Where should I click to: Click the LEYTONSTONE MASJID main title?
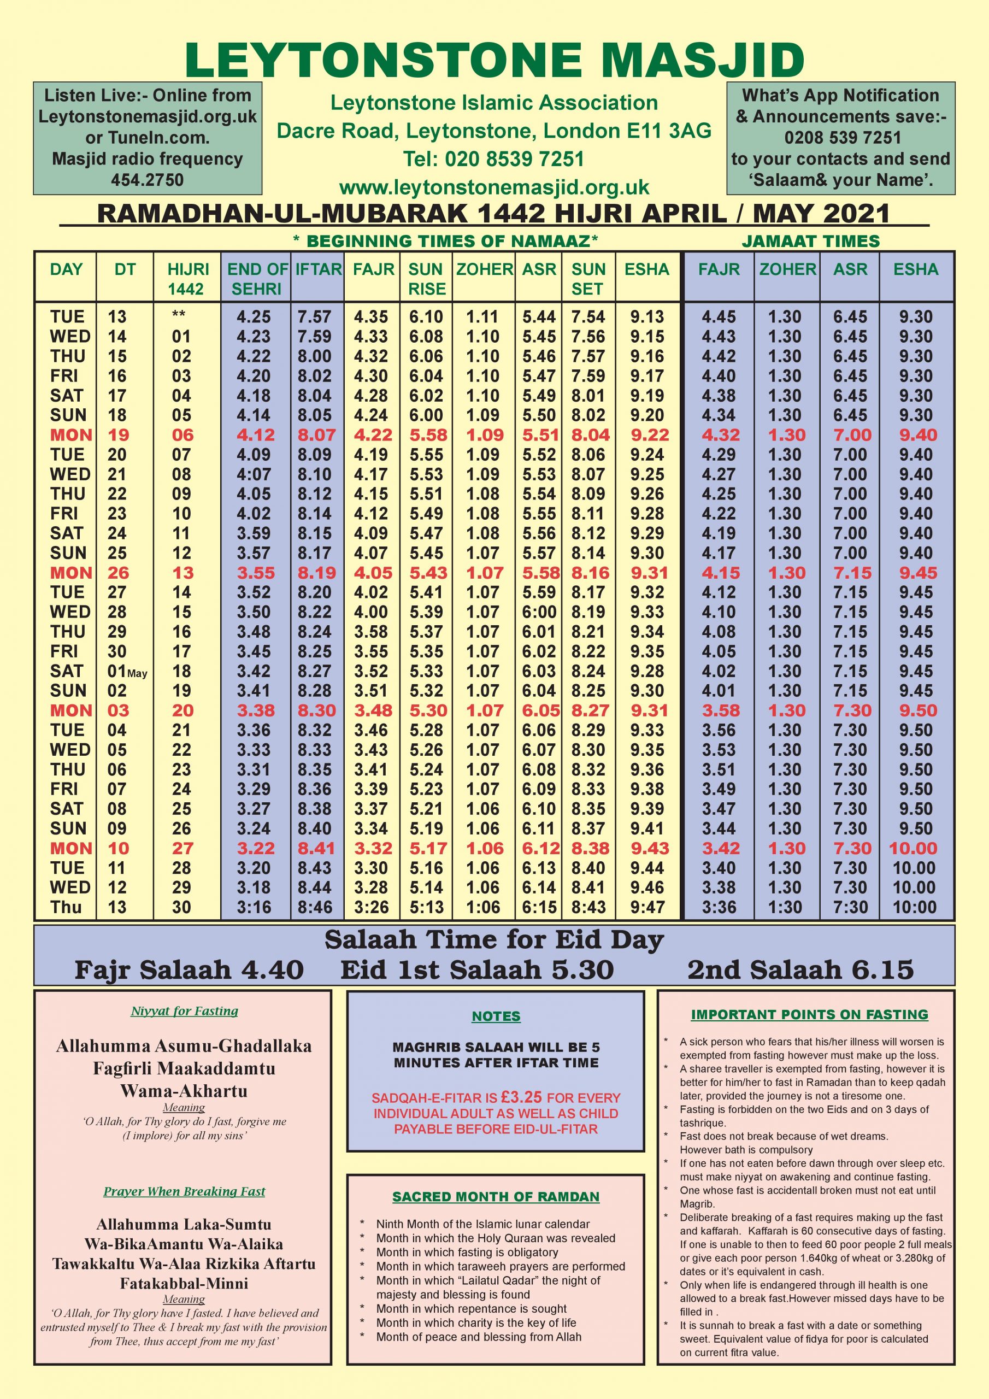pos(494,59)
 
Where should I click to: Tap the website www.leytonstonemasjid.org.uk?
pos(494,187)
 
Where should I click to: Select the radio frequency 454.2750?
pos(148,180)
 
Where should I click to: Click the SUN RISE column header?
pos(426,279)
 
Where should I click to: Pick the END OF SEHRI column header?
pos(257,279)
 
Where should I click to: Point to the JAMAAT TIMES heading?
pos(810,242)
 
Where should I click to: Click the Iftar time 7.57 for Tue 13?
pos(314,317)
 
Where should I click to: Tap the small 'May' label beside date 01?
pos(138,673)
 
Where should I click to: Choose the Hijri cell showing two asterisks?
pos(179,316)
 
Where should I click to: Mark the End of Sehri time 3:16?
pos(254,907)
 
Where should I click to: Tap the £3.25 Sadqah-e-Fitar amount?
pos(521,1097)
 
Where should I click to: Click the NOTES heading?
pos(496,1016)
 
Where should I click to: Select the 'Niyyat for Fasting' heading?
pos(184,1012)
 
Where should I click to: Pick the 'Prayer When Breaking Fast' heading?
pos(184,1192)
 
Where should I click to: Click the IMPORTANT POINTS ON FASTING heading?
pos(809,1014)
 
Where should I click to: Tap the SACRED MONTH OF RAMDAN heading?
pos(496,1197)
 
